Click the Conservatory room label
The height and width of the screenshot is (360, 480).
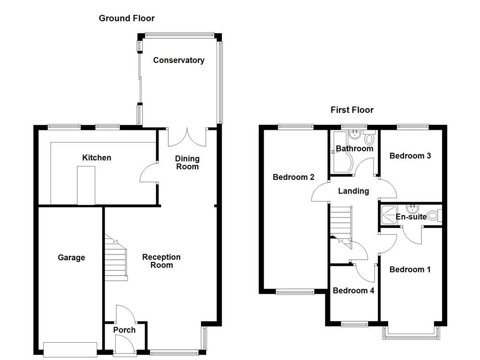(179, 60)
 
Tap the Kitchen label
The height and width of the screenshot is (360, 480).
(97, 157)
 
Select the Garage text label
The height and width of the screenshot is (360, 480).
(71, 257)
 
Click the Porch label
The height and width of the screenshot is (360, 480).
(124, 330)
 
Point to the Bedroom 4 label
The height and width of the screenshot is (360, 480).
(353, 291)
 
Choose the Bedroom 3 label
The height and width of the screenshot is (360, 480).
(410, 156)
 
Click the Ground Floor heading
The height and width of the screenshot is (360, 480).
(127, 18)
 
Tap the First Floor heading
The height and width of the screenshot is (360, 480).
(352, 110)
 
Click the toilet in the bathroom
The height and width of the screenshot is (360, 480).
(369, 139)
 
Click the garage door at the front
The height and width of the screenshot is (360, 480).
(70, 349)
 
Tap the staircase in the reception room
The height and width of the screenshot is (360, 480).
(116, 258)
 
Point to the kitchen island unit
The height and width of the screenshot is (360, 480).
(86, 186)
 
